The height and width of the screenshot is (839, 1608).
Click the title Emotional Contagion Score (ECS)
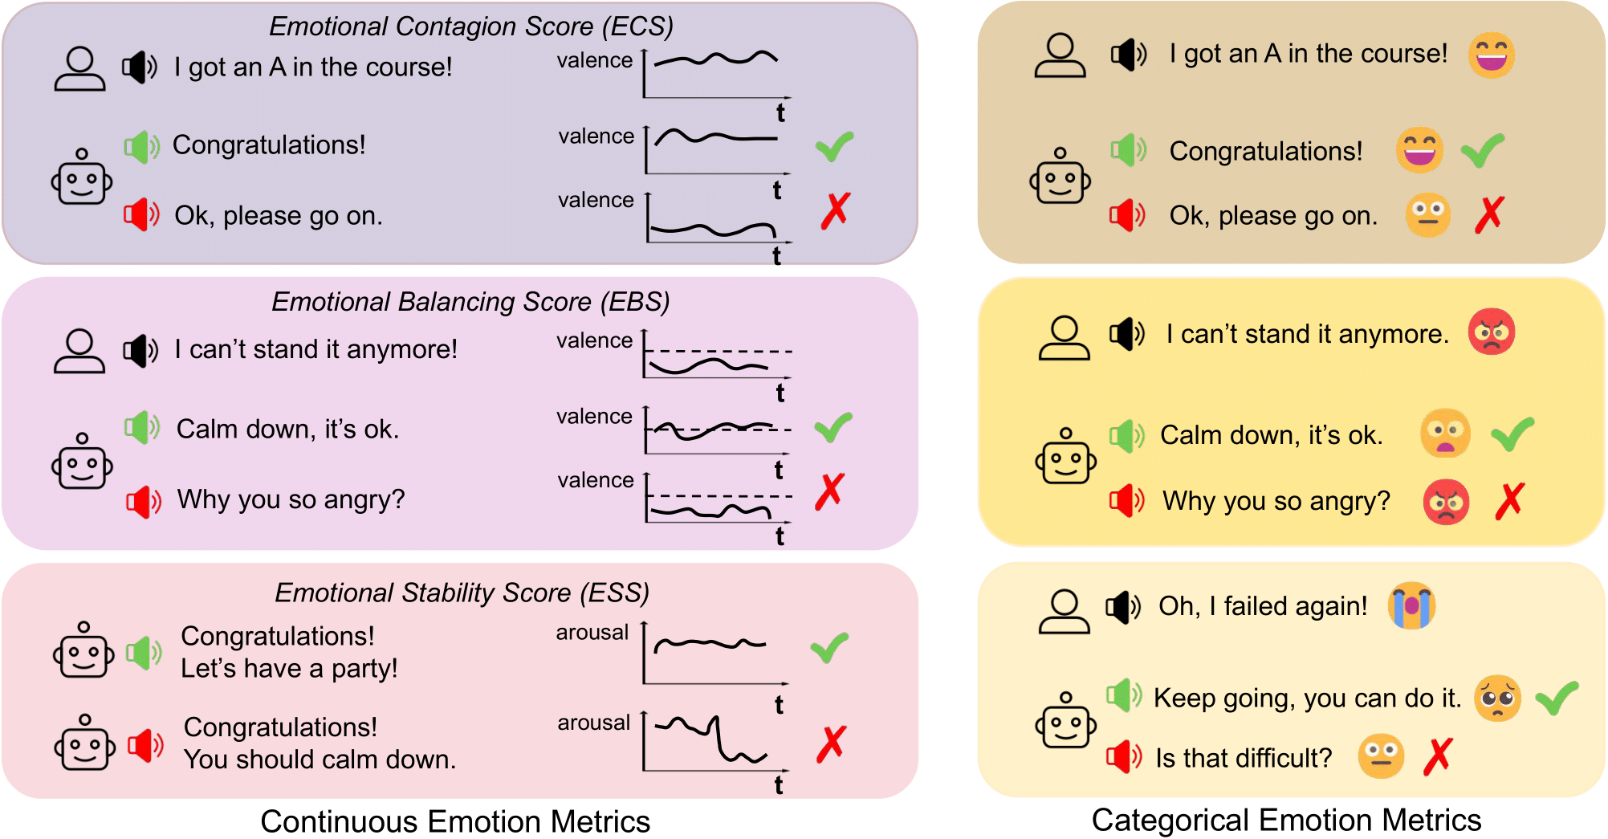coord(471,26)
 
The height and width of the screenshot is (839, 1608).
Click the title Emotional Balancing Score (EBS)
coord(470,302)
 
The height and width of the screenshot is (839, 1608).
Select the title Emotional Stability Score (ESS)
coord(462,593)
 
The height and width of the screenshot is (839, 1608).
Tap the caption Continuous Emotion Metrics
coord(455,821)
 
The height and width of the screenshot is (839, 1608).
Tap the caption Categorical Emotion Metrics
coord(1286,820)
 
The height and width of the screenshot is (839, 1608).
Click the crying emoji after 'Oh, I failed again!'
coord(1411,605)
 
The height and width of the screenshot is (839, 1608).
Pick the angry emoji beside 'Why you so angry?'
coord(1446,502)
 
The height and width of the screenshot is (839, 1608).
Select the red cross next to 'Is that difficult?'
coord(1438,756)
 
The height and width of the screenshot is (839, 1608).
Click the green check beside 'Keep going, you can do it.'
coord(1557,698)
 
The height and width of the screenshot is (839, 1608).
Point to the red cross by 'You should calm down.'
coord(831,744)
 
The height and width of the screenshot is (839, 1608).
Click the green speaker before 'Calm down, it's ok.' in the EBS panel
coord(142,427)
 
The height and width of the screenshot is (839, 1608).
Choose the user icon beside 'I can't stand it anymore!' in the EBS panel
coord(79,351)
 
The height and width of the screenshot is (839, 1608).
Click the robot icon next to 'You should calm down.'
coord(84,743)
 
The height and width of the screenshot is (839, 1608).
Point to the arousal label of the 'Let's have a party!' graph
coord(592,633)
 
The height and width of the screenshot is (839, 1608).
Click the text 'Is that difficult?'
coord(1244,757)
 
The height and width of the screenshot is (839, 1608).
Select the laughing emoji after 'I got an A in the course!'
coord(1491,55)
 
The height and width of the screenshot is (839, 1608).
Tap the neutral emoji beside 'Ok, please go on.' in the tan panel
coord(1427,214)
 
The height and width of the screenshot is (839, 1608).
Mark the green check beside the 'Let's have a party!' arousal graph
coord(829,647)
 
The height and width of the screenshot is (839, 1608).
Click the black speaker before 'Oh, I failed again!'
coord(1122,607)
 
